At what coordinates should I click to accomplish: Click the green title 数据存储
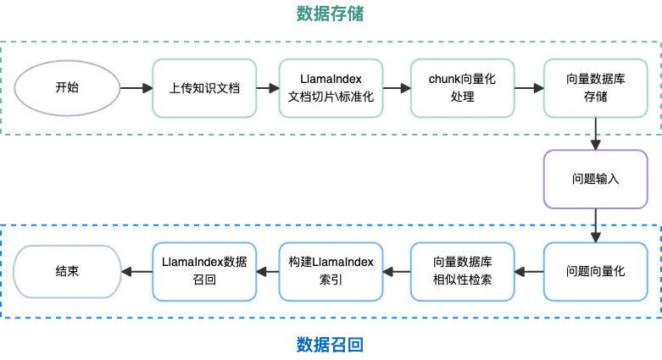click(331, 14)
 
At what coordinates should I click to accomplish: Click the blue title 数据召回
click(331, 345)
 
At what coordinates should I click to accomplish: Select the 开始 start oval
click(66, 87)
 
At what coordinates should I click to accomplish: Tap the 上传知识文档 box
click(203, 87)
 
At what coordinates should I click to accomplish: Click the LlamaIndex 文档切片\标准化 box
click(331, 87)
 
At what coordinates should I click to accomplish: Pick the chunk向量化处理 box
click(462, 87)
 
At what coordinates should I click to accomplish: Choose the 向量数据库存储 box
click(595, 87)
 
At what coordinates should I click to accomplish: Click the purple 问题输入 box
click(595, 180)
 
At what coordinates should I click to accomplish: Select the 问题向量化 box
click(595, 271)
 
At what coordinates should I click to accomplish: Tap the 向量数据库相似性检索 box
click(462, 271)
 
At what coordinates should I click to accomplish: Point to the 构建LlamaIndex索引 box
click(331, 271)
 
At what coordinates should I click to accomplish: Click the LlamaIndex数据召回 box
click(203, 271)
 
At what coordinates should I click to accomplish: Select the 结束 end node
click(66, 271)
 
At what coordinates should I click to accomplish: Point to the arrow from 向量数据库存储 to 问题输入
click(596, 134)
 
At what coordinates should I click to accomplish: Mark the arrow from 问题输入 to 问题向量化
click(596, 225)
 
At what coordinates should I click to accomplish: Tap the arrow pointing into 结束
click(136, 271)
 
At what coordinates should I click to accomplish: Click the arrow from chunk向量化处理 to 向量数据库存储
click(528, 87)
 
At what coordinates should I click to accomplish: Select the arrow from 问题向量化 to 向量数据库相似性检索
click(528, 271)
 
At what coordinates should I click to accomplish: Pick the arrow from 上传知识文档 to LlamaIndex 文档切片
click(267, 87)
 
